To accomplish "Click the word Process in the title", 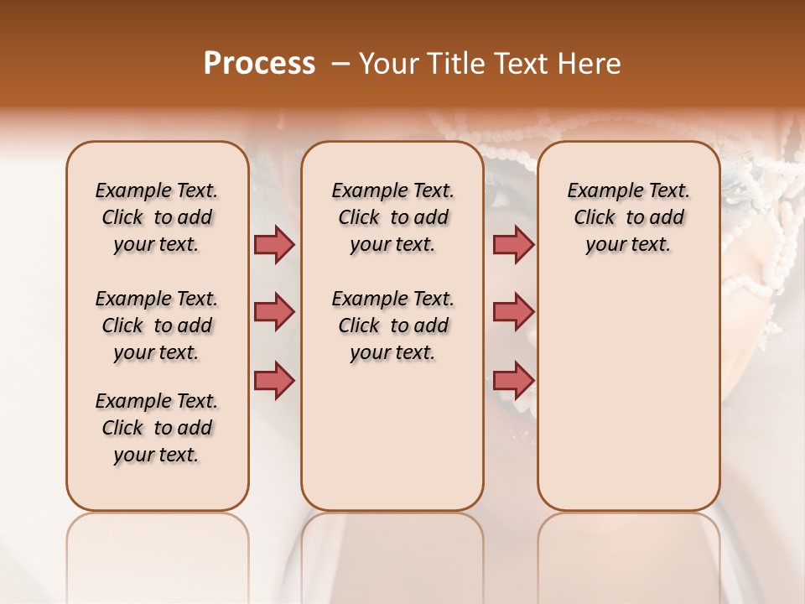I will [259, 63].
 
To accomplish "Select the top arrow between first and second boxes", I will [274, 244].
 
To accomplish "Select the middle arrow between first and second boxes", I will [274, 312].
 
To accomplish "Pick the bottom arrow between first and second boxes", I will [274, 380].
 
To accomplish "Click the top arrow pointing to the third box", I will [513, 244].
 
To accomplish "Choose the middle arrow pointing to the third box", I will [513, 312].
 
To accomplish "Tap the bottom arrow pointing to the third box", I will [513, 380].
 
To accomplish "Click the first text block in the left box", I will [157, 217].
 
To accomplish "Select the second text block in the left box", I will [157, 325].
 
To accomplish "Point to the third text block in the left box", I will [157, 428].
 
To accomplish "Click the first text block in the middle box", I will [392, 217].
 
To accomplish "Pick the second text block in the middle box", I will [392, 325].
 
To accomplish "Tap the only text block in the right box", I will [628, 217].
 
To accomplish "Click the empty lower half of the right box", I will [628, 403].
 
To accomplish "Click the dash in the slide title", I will [340, 64].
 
